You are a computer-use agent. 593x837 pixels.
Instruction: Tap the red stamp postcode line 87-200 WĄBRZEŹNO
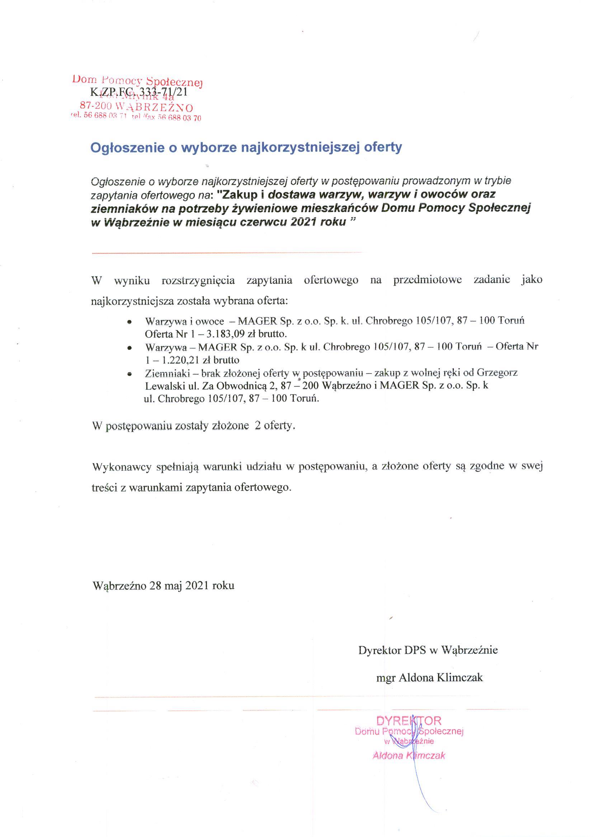136,107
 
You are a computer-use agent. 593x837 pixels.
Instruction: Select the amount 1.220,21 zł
184,360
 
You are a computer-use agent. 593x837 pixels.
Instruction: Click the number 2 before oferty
259,426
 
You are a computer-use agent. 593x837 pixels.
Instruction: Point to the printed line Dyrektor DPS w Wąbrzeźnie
428,650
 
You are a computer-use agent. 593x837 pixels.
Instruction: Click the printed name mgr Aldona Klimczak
429,678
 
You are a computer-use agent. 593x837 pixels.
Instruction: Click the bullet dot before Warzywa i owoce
130,322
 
